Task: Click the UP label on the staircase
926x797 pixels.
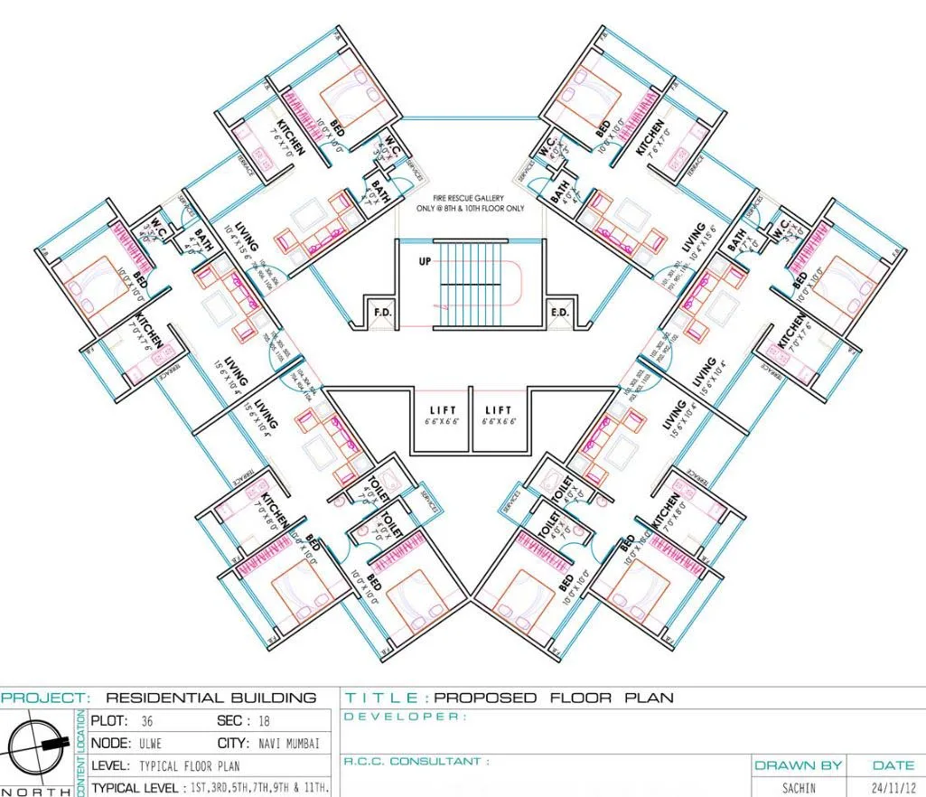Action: [x=424, y=261]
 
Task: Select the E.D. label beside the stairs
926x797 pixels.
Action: [x=559, y=313]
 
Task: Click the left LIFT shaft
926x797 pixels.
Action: [x=442, y=416]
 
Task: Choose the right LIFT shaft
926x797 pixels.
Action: [x=499, y=416]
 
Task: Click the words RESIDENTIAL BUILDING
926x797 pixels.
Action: [x=211, y=698]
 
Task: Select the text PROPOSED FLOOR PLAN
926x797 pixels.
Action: [x=554, y=698]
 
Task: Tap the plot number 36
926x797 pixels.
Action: [x=147, y=721]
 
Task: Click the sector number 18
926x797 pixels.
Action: [x=263, y=721]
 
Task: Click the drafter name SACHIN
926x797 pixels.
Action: [x=798, y=788]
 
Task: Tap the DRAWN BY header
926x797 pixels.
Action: [x=798, y=765]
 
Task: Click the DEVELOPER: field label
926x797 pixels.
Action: [x=407, y=717]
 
